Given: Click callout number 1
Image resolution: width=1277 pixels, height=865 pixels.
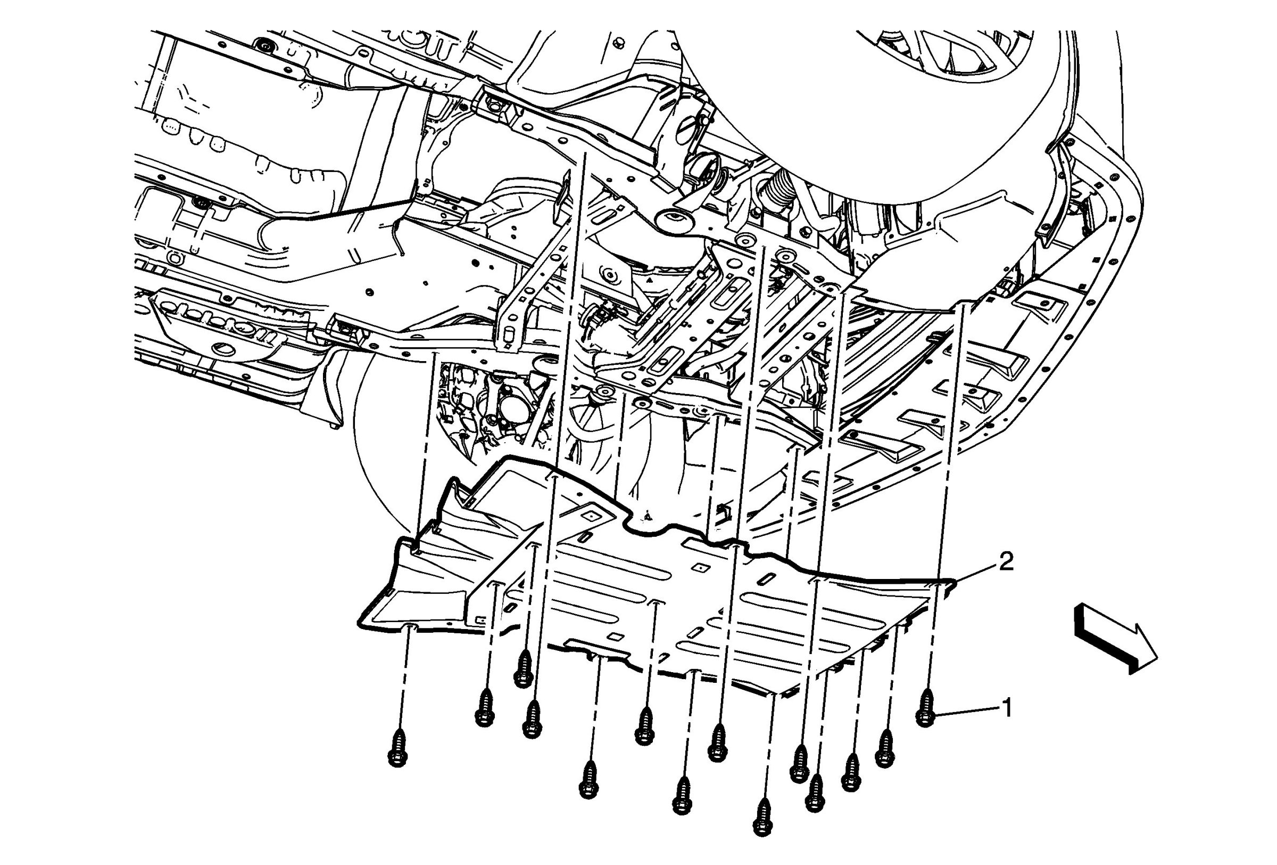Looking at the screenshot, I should tap(1007, 708).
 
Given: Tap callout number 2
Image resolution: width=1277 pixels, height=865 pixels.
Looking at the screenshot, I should tap(1006, 562).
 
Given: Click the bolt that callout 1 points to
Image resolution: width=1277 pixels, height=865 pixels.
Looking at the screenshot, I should tap(926, 709).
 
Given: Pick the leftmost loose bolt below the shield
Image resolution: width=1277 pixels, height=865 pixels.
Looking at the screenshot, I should tap(398, 748).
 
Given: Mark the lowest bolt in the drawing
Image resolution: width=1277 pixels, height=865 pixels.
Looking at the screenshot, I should tap(762, 818).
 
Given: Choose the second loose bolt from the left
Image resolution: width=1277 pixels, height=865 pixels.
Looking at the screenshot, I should tap(484, 708).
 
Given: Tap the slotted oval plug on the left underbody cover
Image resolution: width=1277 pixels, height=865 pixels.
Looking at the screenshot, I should tap(225, 347).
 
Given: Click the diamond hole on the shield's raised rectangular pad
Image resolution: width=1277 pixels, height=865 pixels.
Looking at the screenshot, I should tap(592, 516).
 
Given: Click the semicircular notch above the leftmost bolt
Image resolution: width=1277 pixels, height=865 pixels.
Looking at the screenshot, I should tap(410, 627).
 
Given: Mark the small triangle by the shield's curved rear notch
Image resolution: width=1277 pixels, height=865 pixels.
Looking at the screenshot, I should tap(649, 516).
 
